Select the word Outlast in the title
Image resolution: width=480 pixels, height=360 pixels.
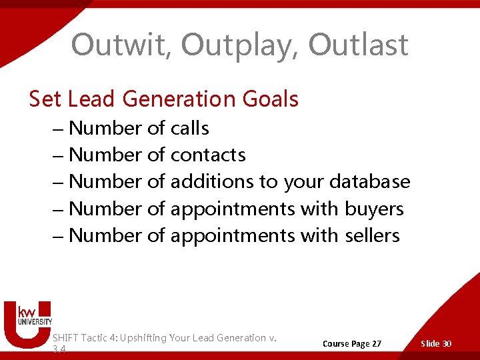tap(358, 45)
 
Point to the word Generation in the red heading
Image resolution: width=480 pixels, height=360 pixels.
tap(171, 99)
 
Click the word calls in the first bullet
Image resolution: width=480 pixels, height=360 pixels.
tap(189, 128)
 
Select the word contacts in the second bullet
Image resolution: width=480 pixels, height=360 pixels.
tap(208, 155)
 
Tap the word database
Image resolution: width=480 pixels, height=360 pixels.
tap(369, 181)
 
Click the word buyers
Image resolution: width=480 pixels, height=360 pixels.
tap(374, 209)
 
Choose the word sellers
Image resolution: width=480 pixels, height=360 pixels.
tap(372, 235)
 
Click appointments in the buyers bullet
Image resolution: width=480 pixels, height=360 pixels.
tap(232, 209)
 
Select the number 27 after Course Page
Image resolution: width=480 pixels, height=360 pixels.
tap(375, 343)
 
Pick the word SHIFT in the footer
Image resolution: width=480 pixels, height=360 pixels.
tap(67, 338)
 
